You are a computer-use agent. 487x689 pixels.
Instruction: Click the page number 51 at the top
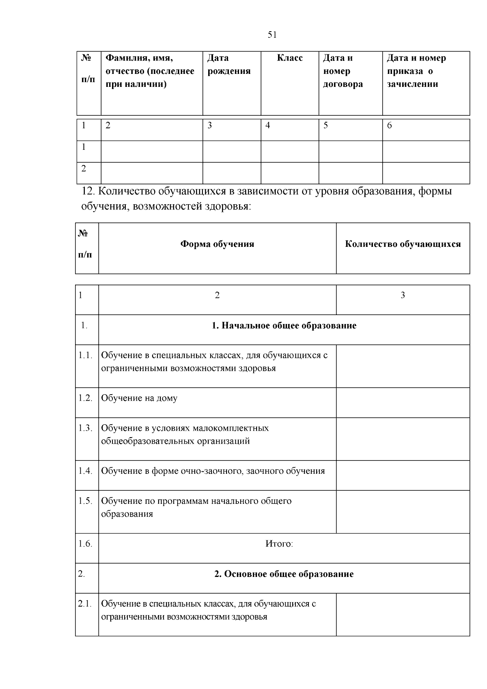(272, 35)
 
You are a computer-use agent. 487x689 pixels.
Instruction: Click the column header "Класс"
(290, 58)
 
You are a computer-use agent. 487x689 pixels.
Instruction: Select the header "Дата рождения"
(228, 65)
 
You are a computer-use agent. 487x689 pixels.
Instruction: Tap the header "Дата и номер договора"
(343, 71)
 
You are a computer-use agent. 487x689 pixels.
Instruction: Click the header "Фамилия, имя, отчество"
(150, 71)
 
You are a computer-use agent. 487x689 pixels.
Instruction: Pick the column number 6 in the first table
(389, 125)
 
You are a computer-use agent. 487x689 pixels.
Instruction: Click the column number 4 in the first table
(267, 125)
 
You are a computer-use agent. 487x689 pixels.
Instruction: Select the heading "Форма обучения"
(217, 244)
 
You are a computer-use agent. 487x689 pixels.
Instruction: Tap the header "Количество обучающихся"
(403, 244)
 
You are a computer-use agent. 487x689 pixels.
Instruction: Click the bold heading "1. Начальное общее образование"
(284, 326)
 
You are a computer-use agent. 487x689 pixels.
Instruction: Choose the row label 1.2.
(86, 398)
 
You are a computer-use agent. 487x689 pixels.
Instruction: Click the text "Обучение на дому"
(139, 398)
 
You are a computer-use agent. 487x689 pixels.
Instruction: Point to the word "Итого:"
(279, 544)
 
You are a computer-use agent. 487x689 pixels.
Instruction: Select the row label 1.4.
(86, 471)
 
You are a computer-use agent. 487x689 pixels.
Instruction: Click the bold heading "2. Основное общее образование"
(284, 574)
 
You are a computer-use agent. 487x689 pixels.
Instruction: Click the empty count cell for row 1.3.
(403, 439)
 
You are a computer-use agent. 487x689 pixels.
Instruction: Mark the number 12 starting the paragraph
(88, 191)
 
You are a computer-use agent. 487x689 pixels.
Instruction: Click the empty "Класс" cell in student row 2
(290, 173)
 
